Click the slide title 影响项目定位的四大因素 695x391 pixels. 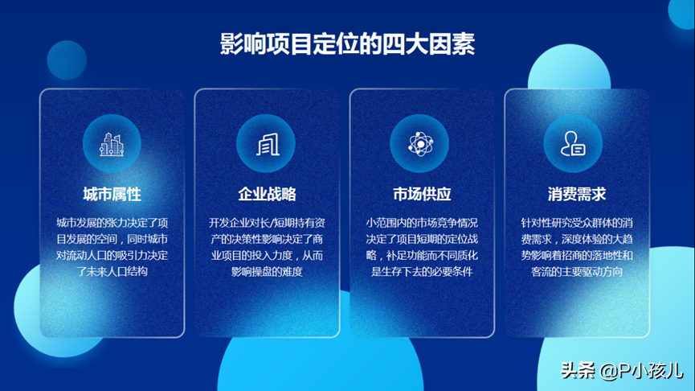347,44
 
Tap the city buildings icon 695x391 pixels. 112,144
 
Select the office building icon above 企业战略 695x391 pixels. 268,144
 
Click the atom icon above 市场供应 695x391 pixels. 420,144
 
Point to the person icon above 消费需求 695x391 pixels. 573,143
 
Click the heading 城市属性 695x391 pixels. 112,194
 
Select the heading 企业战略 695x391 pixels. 267,194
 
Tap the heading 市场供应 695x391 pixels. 422,194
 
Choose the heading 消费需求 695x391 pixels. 577,194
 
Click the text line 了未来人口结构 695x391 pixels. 112,271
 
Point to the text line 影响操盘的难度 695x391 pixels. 267,271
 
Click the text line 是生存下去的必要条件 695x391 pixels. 422,271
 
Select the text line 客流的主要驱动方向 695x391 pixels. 577,271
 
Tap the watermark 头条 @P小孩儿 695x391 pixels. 622,370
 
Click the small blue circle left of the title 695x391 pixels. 67,60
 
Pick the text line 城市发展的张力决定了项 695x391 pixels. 112,222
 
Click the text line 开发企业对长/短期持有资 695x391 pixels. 267,222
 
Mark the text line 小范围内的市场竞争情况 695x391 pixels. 422,222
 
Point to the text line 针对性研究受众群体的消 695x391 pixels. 577,222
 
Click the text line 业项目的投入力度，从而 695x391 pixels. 267,255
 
